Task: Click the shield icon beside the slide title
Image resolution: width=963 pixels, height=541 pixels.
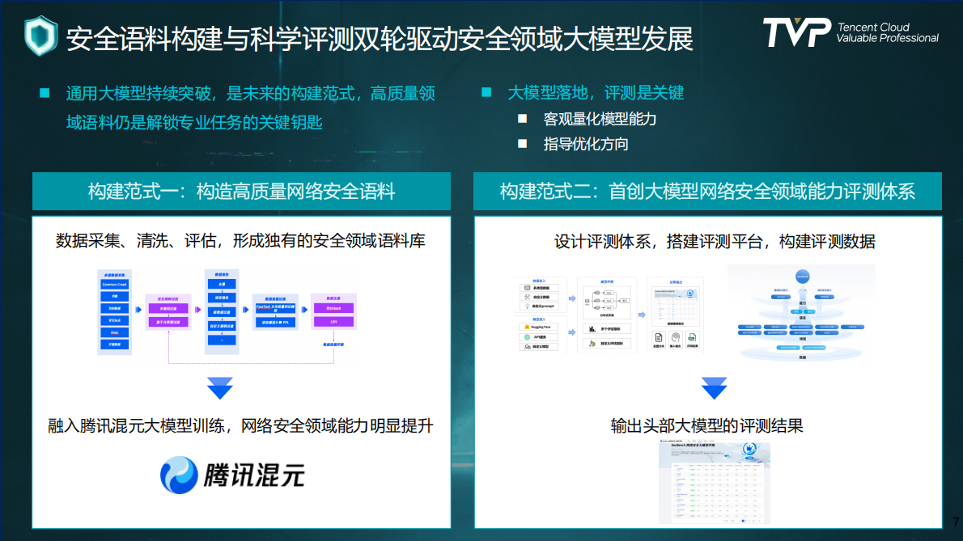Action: coord(40,36)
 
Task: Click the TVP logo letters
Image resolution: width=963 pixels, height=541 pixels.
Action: coord(796,32)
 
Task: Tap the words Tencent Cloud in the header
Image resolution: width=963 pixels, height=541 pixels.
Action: coord(873,27)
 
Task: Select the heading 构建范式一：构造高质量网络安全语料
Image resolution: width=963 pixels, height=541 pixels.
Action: coord(241,192)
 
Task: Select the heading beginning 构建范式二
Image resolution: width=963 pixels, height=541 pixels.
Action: coord(707,192)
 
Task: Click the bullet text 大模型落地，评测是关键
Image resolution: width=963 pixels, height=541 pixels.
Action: coord(596,93)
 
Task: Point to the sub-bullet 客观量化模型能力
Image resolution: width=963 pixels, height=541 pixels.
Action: coord(600,119)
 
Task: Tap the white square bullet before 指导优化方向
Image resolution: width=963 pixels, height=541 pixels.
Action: coord(523,144)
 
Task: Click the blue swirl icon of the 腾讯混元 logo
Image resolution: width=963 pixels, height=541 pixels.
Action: coord(179,475)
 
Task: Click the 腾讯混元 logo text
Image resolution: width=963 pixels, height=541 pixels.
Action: coord(254,475)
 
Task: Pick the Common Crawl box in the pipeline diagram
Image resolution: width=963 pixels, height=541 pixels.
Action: coord(115,284)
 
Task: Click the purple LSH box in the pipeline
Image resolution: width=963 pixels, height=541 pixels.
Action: coord(333,321)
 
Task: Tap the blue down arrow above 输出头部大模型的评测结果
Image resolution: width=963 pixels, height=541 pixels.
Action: coord(714,388)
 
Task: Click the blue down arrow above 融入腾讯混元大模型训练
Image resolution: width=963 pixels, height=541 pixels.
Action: coord(220,388)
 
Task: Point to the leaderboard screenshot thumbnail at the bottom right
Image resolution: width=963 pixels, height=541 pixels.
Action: coord(714,480)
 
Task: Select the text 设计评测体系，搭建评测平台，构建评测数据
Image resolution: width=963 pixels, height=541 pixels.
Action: coord(715,242)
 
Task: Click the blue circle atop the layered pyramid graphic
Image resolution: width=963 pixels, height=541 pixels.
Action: coord(801,275)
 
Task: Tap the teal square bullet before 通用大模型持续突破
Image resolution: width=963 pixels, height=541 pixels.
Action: coord(45,93)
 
